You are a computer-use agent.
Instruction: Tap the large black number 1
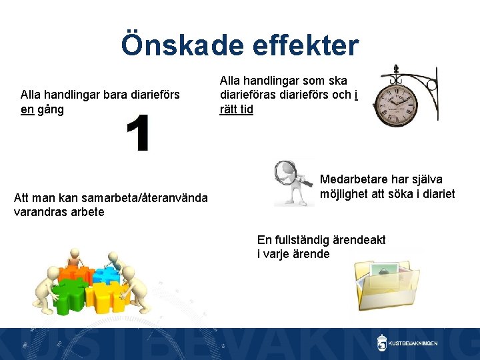[138, 133]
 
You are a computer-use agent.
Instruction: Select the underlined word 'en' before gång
[27, 109]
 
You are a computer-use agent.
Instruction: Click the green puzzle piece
[71, 293]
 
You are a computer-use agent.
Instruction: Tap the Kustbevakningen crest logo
[382, 343]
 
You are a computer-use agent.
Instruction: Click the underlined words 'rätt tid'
[237, 109]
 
